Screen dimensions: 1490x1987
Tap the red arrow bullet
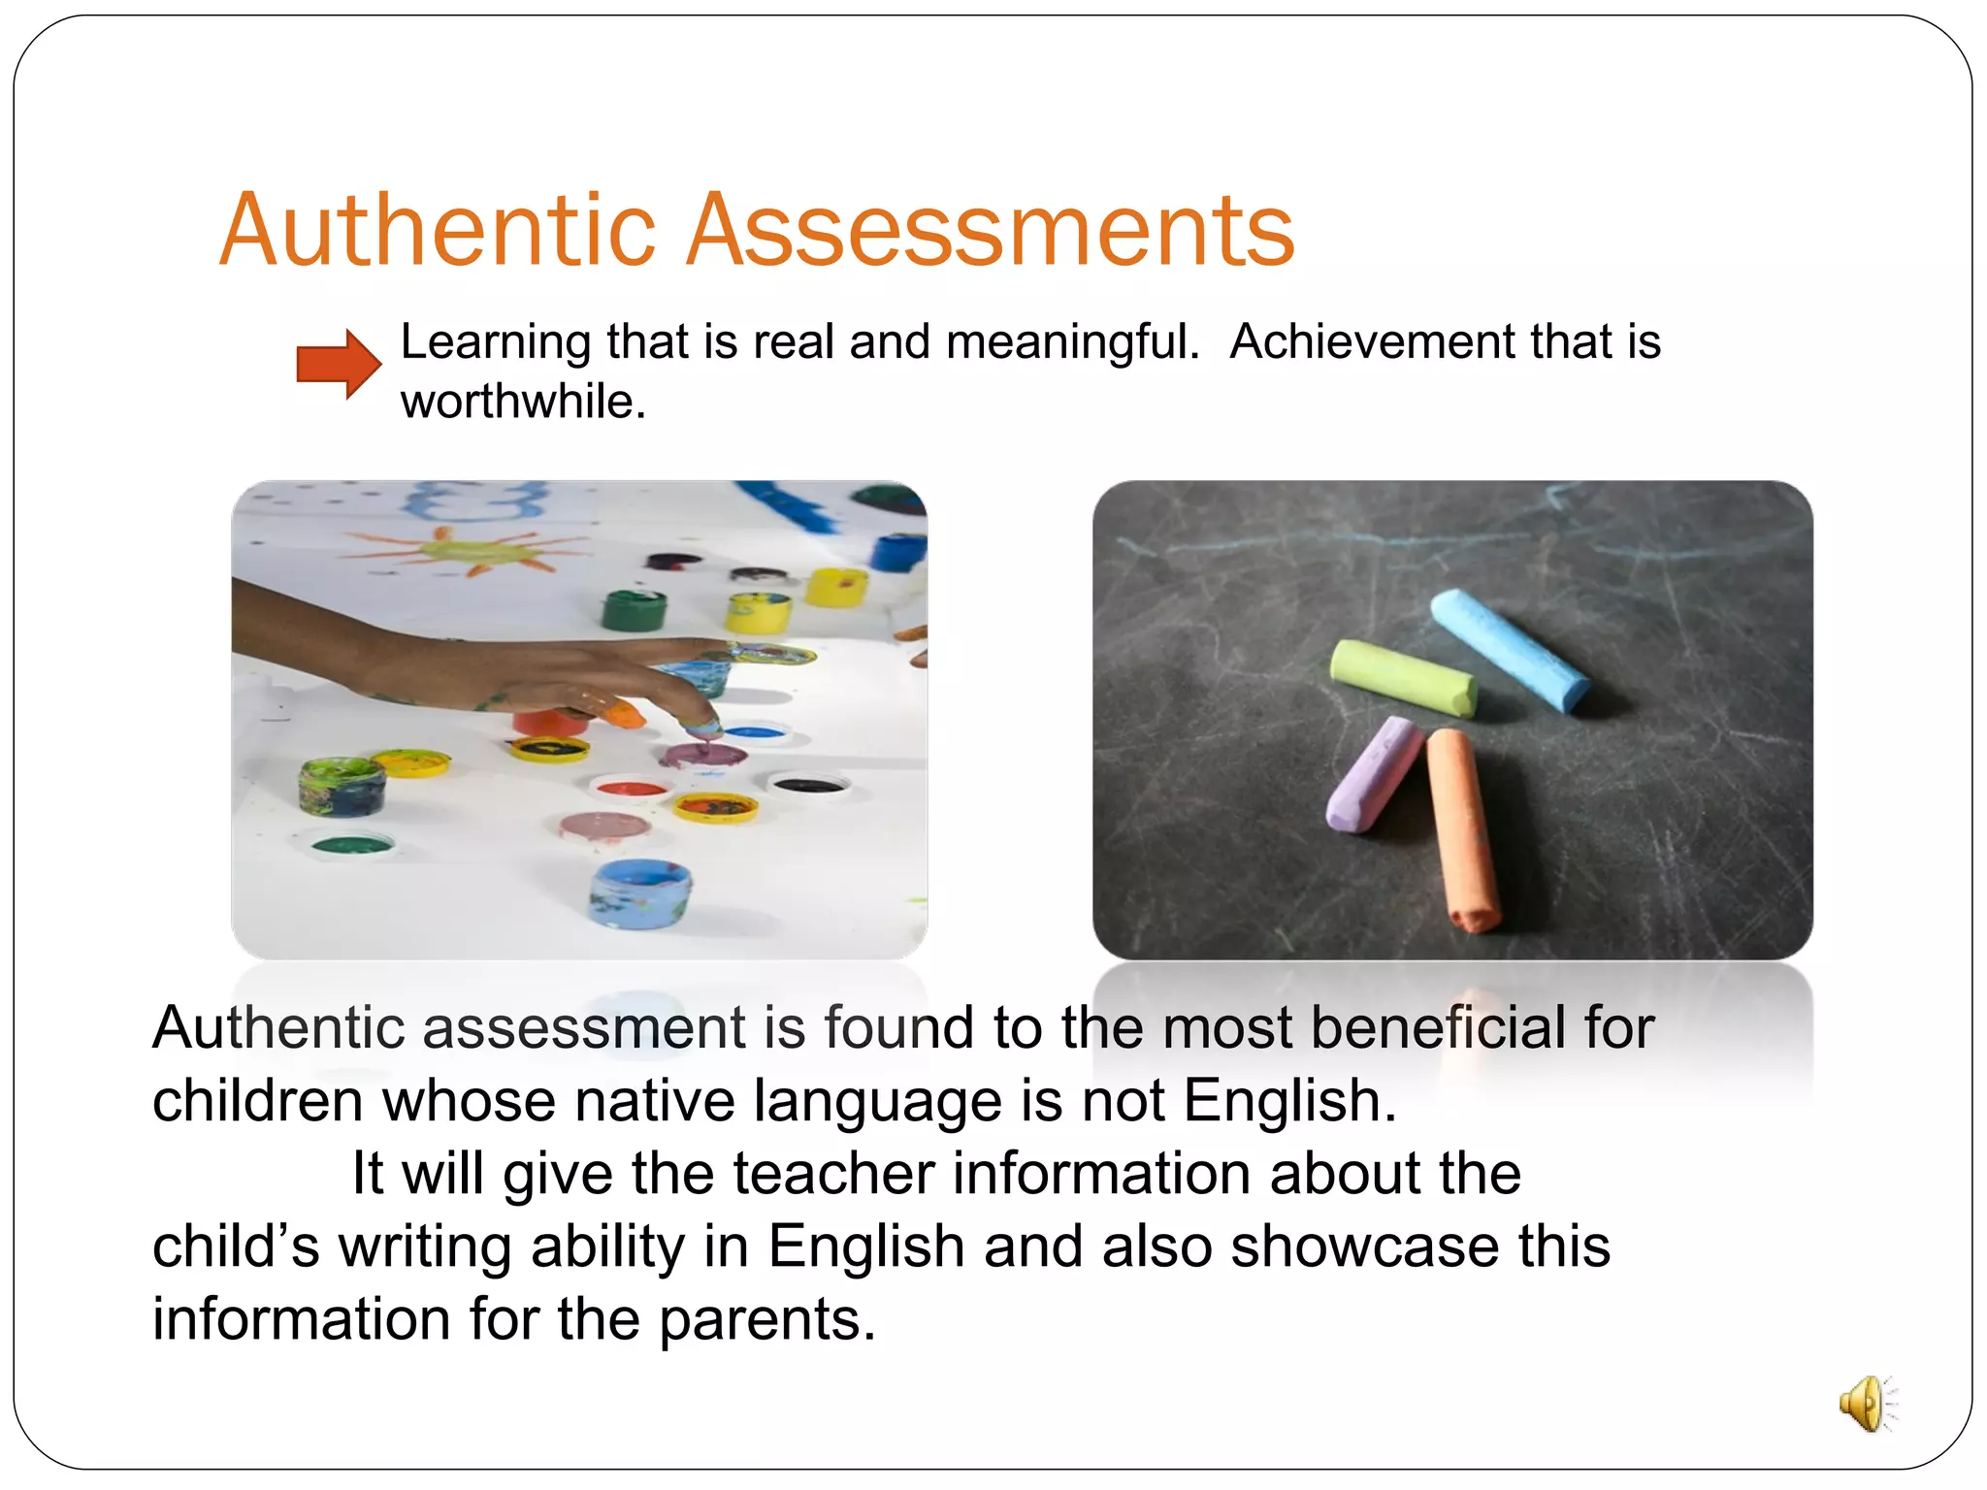[338, 364]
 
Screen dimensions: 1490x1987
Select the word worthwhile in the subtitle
[522, 402]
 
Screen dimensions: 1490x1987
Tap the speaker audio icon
[1865, 1403]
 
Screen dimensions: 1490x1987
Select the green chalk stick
[1403, 677]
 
